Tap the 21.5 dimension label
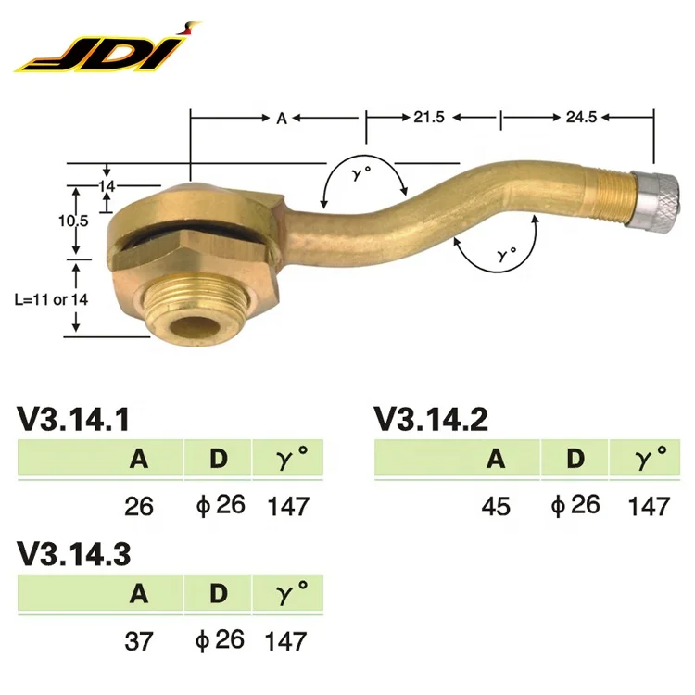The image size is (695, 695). click(x=429, y=118)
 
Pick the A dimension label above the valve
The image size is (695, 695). click(x=281, y=118)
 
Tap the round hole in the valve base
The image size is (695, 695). click(x=196, y=327)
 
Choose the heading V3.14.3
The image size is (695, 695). click(x=73, y=553)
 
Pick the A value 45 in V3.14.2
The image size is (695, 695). click(x=496, y=506)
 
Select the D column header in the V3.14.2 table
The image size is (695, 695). click(x=575, y=458)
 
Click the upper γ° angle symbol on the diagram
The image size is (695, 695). click(x=360, y=176)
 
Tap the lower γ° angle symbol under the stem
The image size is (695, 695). click(x=505, y=252)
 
